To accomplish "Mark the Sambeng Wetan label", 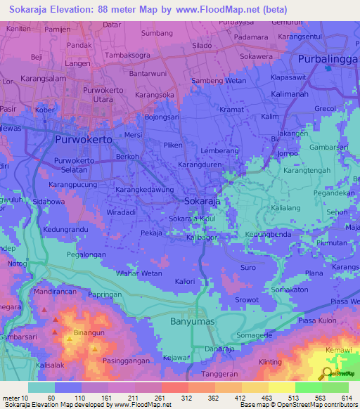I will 214,82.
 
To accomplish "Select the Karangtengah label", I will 307,170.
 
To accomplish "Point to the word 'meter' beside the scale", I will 13,398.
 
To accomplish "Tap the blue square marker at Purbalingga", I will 328,68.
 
